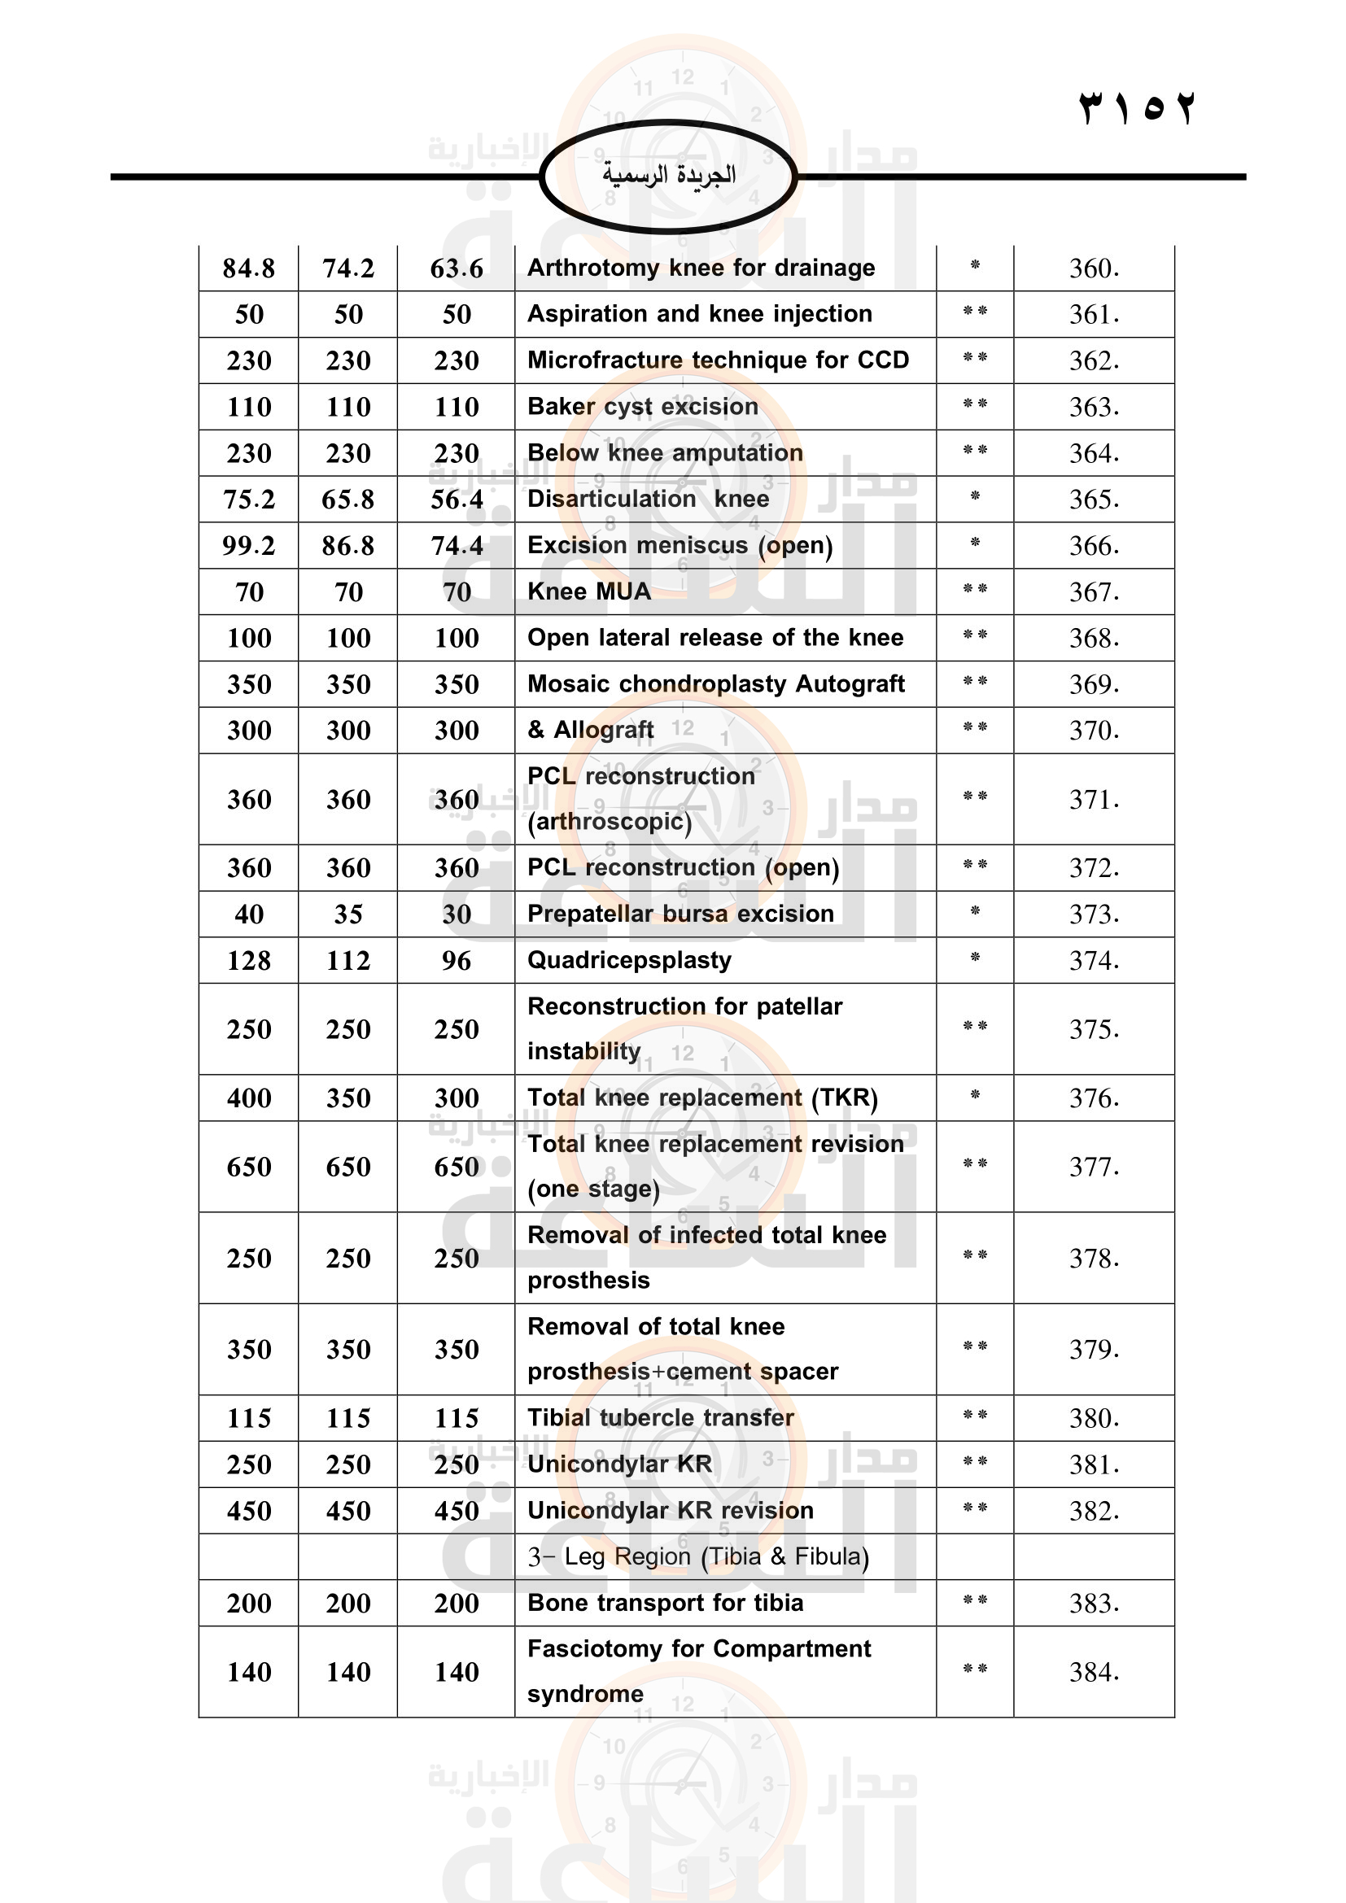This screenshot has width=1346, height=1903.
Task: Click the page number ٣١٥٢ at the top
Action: [x=1137, y=107]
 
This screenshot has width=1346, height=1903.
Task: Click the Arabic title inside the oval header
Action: [x=669, y=175]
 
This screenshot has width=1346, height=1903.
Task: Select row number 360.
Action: [x=1093, y=268]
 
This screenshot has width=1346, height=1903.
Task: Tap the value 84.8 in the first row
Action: [x=249, y=268]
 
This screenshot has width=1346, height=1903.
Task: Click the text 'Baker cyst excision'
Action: [x=642, y=406]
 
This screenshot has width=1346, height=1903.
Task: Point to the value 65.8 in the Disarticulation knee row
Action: [x=348, y=499]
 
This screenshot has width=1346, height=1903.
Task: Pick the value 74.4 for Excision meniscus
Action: [x=457, y=545]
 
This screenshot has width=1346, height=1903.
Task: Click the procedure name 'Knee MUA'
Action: [x=588, y=591]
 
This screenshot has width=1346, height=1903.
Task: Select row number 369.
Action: [x=1093, y=684]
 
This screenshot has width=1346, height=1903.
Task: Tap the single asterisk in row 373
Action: [x=975, y=912]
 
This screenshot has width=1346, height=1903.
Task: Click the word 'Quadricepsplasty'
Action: [x=629, y=960]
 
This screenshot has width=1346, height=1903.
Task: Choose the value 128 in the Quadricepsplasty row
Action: [x=249, y=961]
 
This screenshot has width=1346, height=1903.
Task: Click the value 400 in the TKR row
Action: [x=249, y=1098]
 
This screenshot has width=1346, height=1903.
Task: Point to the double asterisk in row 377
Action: [x=975, y=1163]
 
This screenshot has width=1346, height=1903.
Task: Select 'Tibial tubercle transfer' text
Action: [x=661, y=1417]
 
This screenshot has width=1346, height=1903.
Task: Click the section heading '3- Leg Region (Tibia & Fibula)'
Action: [x=698, y=1556]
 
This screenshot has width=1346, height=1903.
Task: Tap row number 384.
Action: [x=1093, y=1673]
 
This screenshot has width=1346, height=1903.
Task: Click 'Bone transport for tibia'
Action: [x=665, y=1603]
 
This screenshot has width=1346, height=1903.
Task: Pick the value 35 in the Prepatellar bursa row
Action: [x=348, y=914]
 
